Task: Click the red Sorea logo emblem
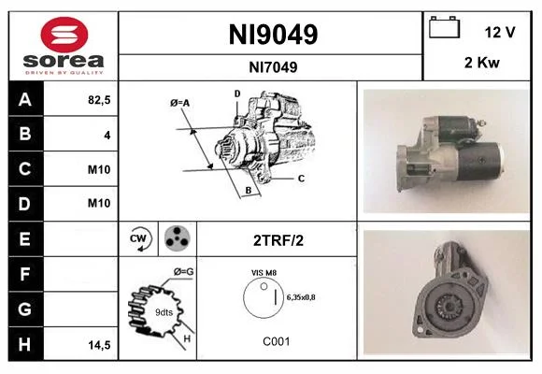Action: pos(64,35)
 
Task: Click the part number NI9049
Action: pos(273,35)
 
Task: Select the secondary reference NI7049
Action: pos(273,67)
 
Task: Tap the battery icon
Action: pos(444,27)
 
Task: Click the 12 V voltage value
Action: pos(500,33)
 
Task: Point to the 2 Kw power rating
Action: pos(482,63)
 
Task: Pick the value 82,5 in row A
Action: pos(99,100)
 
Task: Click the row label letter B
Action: pos(25,134)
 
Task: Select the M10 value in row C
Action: pos(99,169)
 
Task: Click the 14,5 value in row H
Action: pos(99,345)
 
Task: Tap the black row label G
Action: pos(25,309)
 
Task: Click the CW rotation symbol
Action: pos(139,238)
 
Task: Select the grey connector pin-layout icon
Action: pos(177,238)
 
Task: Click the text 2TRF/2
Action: pos(278,240)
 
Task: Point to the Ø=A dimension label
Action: pos(179,103)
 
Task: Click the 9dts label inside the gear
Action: pos(164,312)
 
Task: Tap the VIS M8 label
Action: pos(264,273)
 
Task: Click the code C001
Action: pos(277,341)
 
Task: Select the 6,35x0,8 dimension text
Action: pos(301,297)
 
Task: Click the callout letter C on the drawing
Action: pos(301,179)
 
